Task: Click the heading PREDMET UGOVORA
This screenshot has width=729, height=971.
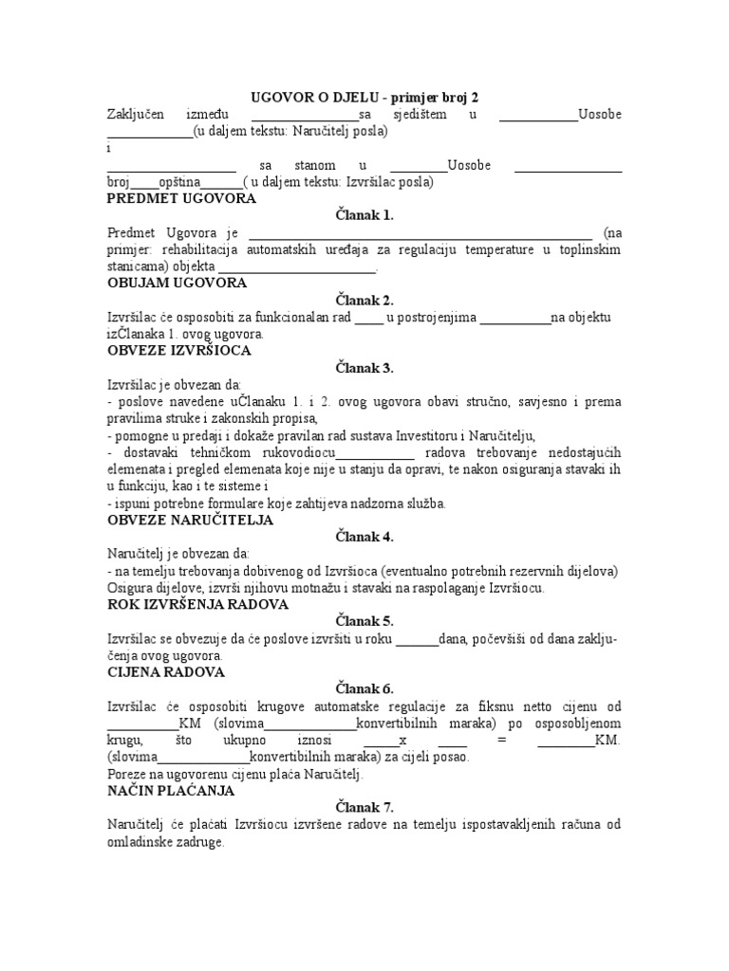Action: (x=181, y=199)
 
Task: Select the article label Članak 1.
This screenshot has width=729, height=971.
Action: (x=364, y=215)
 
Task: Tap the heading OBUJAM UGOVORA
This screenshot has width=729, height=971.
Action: (x=178, y=283)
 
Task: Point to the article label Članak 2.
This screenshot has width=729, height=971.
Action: (x=364, y=301)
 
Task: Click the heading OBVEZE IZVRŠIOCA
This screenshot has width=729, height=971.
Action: (x=178, y=350)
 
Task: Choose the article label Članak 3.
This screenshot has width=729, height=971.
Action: (x=364, y=368)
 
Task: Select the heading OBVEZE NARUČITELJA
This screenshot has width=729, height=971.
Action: (x=191, y=520)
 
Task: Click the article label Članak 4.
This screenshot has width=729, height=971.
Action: (x=364, y=537)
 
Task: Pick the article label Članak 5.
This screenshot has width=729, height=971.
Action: (x=364, y=621)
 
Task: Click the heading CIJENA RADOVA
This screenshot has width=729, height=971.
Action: (x=166, y=671)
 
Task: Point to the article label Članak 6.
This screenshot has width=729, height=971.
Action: (x=364, y=688)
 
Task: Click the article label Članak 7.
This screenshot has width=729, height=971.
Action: (x=364, y=807)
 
